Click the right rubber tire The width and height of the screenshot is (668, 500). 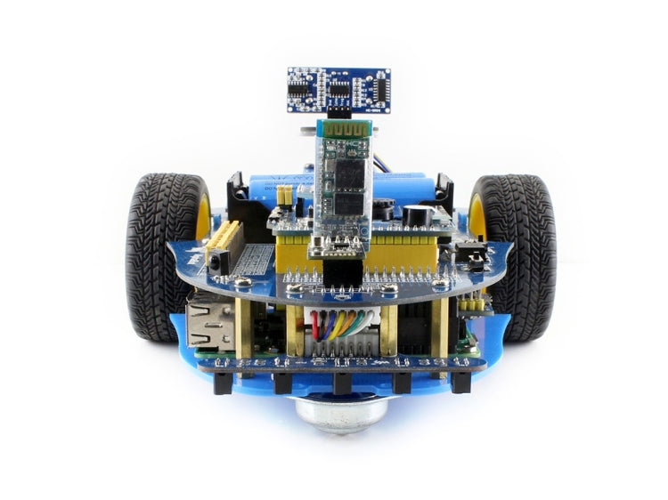pyautogui.click(x=517, y=258)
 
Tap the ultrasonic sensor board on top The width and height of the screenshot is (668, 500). pyautogui.click(x=339, y=89)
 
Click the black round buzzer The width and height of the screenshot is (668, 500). pyautogui.click(x=415, y=216)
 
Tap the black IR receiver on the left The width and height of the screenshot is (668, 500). pyautogui.click(x=216, y=260)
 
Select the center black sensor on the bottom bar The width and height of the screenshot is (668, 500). pyautogui.click(x=341, y=383)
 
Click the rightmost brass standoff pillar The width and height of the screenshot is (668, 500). pyautogui.click(x=441, y=326)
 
